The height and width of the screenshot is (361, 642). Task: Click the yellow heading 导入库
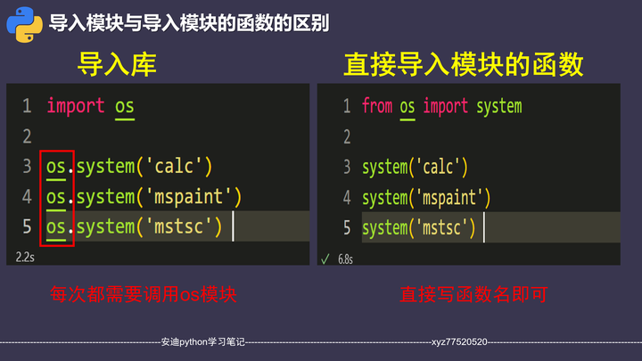coord(117,64)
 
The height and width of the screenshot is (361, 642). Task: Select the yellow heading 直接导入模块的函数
coord(463,64)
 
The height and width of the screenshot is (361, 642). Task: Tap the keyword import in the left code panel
coord(76,106)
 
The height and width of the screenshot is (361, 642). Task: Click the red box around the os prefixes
coord(57,197)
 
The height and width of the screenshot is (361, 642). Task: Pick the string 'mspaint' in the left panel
coord(189,196)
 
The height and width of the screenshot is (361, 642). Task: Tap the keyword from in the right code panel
coord(377,106)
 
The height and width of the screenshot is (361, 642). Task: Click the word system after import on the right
coord(498,106)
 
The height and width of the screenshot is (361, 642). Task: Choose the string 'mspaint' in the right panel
coord(449,197)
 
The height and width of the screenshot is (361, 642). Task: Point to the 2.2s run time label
coord(25,257)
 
